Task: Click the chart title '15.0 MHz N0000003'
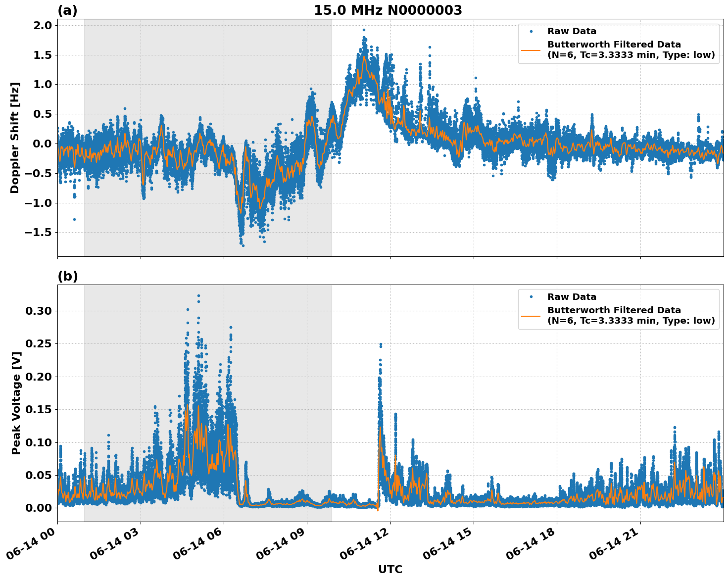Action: tap(388, 10)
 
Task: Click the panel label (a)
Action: tap(67, 10)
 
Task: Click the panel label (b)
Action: tap(67, 276)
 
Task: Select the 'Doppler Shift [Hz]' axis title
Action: tap(15, 138)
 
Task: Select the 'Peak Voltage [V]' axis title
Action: tap(16, 403)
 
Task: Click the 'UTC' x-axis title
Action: tap(390, 569)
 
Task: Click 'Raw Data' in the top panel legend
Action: tap(572, 31)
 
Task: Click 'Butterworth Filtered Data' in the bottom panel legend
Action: tap(614, 310)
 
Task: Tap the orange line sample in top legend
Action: tap(531, 49)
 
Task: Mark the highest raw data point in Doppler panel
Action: tap(364, 30)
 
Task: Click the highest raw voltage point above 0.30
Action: tap(198, 296)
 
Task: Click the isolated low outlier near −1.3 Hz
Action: tap(74, 219)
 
